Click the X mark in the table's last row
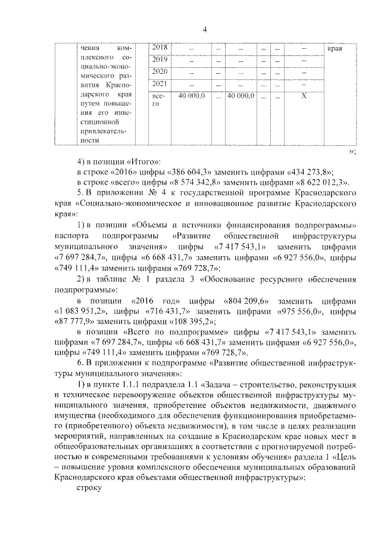click(304, 95)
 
